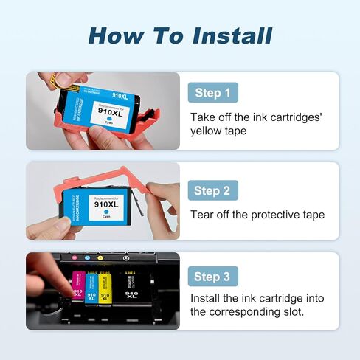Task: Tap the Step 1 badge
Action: point(212,93)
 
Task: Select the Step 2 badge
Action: point(212,190)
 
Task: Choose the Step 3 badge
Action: point(212,277)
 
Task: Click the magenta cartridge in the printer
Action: point(77,288)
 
